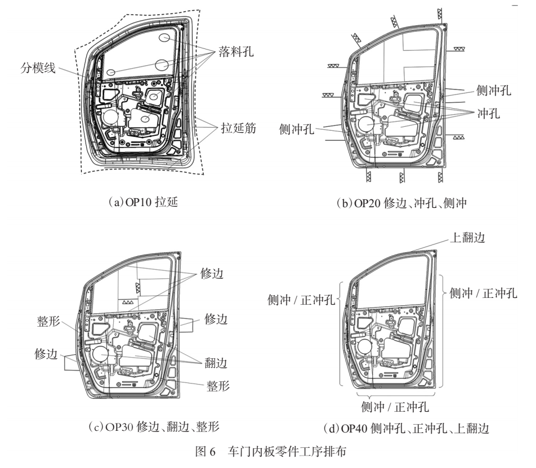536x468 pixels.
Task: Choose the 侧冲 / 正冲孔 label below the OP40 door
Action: pos(396,407)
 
